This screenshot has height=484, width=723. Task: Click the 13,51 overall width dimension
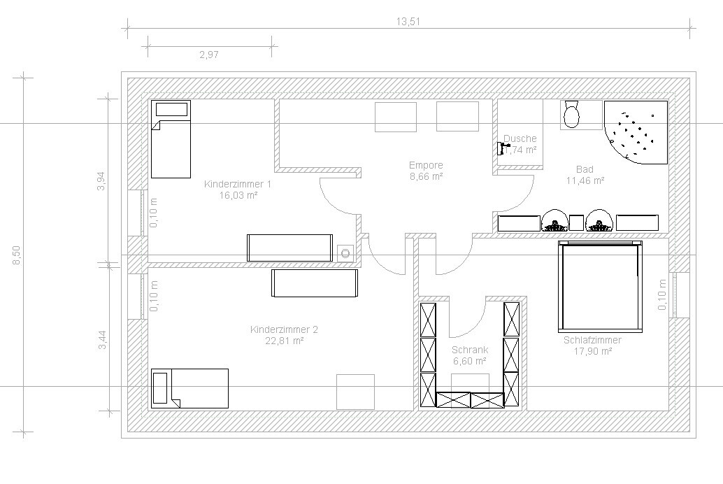point(408,22)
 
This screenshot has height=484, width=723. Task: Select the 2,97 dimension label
point(209,55)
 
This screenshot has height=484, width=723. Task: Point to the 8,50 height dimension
point(16,255)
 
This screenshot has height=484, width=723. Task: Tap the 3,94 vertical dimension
point(101,181)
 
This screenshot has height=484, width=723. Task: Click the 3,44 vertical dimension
point(102,340)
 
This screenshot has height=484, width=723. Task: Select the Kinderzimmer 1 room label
point(238,184)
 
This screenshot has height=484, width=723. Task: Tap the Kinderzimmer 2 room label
point(284,329)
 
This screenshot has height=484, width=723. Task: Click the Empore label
point(426,165)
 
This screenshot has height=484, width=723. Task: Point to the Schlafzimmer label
point(592,340)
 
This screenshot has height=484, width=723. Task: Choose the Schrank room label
point(470,350)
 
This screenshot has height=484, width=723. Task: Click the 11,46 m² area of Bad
point(585,180)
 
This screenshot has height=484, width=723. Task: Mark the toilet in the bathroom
point(572,115)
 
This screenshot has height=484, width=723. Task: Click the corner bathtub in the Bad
point(636,132)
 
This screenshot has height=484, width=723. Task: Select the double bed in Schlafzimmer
point(601,287)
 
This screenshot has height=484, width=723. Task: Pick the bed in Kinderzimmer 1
point(171,139)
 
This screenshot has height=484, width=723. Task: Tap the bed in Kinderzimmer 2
point(190,388)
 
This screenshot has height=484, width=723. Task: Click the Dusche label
point(520,138)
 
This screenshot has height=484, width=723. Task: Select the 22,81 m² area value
point(284,341)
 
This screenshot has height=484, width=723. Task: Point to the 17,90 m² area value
point(592,351)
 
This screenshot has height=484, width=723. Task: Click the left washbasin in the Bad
point(554,220)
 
